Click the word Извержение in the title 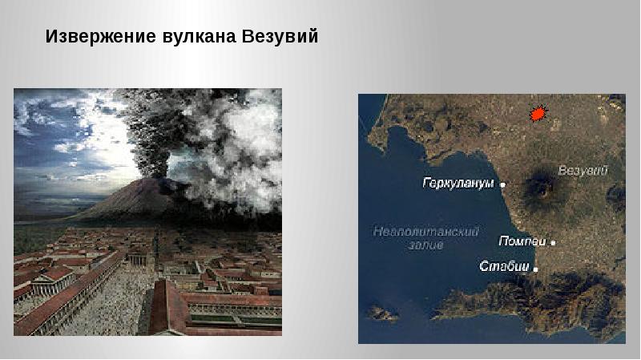point(101,36)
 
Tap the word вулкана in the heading point(199,36)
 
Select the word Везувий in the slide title point(280,36)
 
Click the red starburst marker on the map point(538,113)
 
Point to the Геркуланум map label point(458,184)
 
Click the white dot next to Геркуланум point(503,185)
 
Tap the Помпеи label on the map point(522,241)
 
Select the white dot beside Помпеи point(553,243)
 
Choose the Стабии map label point(505,266)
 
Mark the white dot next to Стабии point(535,269)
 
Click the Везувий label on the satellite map point(583,170)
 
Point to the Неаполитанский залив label point(425,238)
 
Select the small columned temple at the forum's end point(138,257)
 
